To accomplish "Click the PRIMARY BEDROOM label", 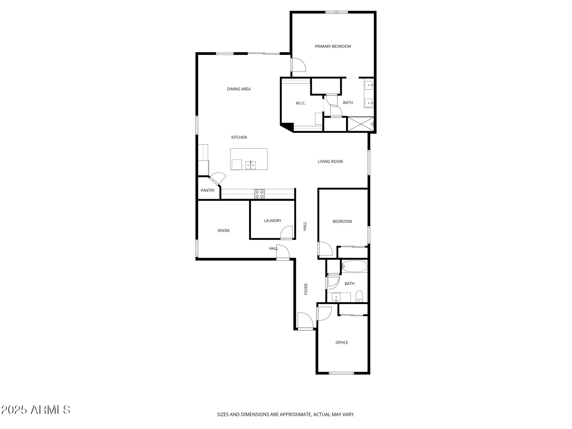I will tap(333, 47).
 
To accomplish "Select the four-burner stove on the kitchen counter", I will tap(259, 194).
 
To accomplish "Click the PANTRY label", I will tap(208, 190).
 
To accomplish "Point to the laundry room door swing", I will tap(287, 232).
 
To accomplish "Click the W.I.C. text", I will tap(301, 103).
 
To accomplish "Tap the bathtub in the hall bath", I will tap(355, 266).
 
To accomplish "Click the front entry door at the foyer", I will tap(305, 321).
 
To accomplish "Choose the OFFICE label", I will tap(341, 343).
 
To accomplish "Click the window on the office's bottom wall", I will tap(341, 373).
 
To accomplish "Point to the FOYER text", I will tap(306, 289).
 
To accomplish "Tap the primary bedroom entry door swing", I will tap(298, 65).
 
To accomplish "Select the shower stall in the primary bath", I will tap(361, 124).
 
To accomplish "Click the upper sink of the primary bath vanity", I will tap(369, 85).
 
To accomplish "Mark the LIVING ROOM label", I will tap(330, 162).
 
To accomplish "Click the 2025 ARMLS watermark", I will tap(36, 410).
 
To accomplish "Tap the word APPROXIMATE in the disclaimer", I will tap(296, 415).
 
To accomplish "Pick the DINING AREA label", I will tap(239, 89).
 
